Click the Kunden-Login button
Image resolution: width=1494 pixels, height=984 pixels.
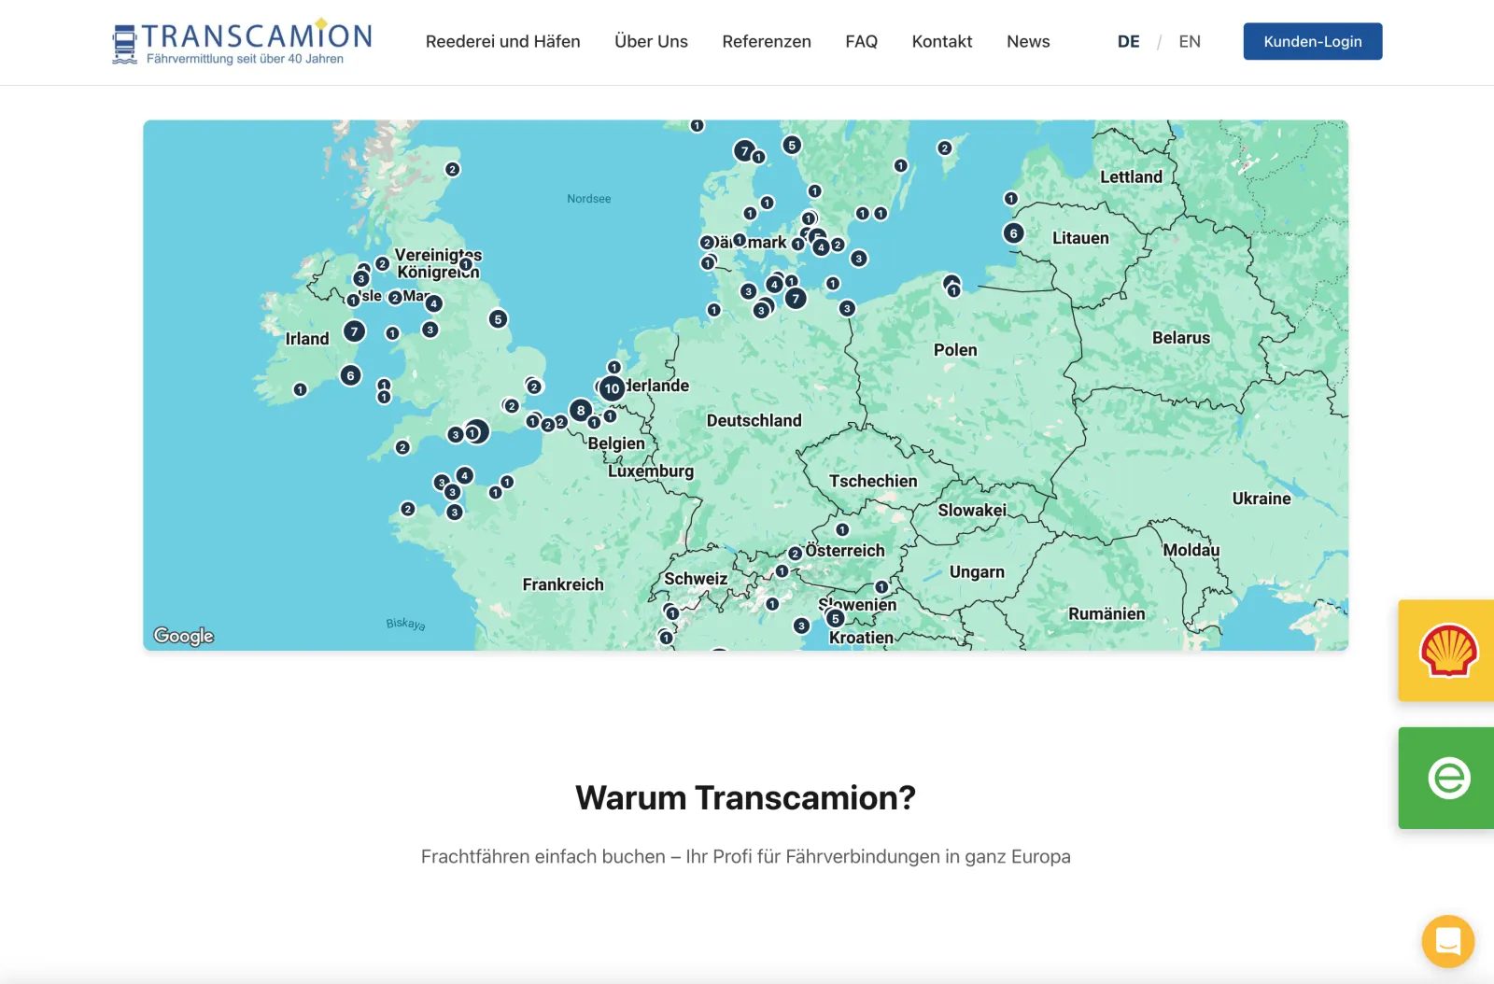pyautogui.click(x=1312, y=41)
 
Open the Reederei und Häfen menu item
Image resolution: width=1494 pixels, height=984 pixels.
pyautogui.click(x=502, y=41)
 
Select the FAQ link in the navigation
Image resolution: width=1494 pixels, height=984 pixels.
pyautogui.click(x=861, y=41)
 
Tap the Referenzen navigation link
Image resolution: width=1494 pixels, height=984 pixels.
pyautogui.click(x=766, y=41)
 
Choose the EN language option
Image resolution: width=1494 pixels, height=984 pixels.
pyautogui.click(x=1189, y=41)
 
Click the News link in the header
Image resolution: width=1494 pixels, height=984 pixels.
pyautogui.click(x=1027, y=41)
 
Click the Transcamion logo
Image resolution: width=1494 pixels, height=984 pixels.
pyautogui.click(x=242, y=42)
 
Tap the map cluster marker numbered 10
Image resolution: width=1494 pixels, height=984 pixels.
pyautogui.click(x=612, y=388)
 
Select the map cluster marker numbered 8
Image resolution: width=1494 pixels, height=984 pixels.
pyautogui.click(x=581, y=410)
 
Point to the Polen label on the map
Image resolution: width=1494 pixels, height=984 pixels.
pyautogui.click(x=955, y=350)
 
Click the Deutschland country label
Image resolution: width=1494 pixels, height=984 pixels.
pyautogui.click(x=754, y=421)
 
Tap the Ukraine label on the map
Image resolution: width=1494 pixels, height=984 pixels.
pyautogui.click(x=1261, y=499)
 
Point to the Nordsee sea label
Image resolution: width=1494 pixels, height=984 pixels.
pyautogui.click(x=588, y=199)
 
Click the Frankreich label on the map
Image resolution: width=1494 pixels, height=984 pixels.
pyautogui.click(x=562, y=584)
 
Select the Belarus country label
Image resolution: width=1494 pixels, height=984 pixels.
pyautogui.click(x=1180, y=338)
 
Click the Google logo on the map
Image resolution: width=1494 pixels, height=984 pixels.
pyautogui.click(x=184, y=636)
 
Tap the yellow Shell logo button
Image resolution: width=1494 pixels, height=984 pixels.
pyautogui.click(x=1447, y=650)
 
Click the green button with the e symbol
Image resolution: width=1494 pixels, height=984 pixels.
pyautogui.click(x=1447, y=778)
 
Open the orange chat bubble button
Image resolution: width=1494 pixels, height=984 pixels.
pyautogui.click(x=1447, y=941)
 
